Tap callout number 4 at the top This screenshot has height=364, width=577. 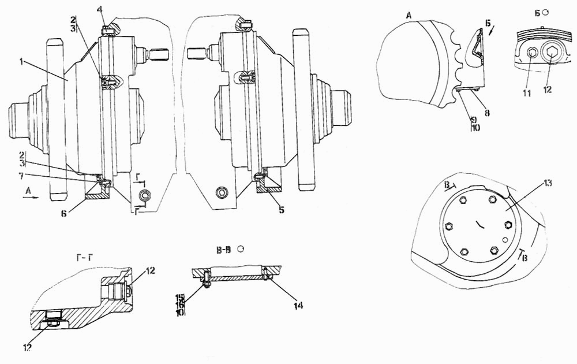pyautogui.click(x=100, y=9)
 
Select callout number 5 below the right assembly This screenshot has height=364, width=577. pyautogui.click(x=281, y=210)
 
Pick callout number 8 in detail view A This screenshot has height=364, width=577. pyautogui.click(x=487, y=113)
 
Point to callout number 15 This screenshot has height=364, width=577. pyautogui.click(x=180, y=297)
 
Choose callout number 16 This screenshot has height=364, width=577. pyautogui.click(x=180, y=304)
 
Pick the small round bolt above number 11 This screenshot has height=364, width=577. pyautogui.click(x=532, y=54)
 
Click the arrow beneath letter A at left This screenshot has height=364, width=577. pyautogui.click(x=32, y=197)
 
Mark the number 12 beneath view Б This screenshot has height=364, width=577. pyautogui.click(x=547, y=90)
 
